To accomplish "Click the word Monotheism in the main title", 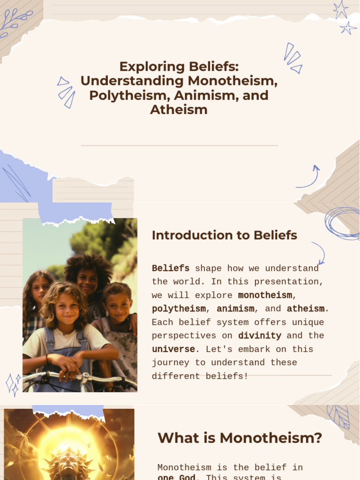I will point(233,81).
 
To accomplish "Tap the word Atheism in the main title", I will point(179,110).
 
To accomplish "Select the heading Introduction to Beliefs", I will point(224,235).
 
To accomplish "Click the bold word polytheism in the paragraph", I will point(179,309).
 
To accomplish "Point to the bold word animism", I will point(235,309).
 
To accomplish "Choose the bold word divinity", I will point(259,336).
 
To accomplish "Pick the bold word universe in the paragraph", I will point(173,349).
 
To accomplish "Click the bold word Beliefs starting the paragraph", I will point(171,269).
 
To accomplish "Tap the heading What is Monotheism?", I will point(240,438).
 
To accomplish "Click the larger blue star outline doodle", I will point(341,9).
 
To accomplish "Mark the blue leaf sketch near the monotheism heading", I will point(338,416).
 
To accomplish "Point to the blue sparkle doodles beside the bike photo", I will point(13,383).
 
